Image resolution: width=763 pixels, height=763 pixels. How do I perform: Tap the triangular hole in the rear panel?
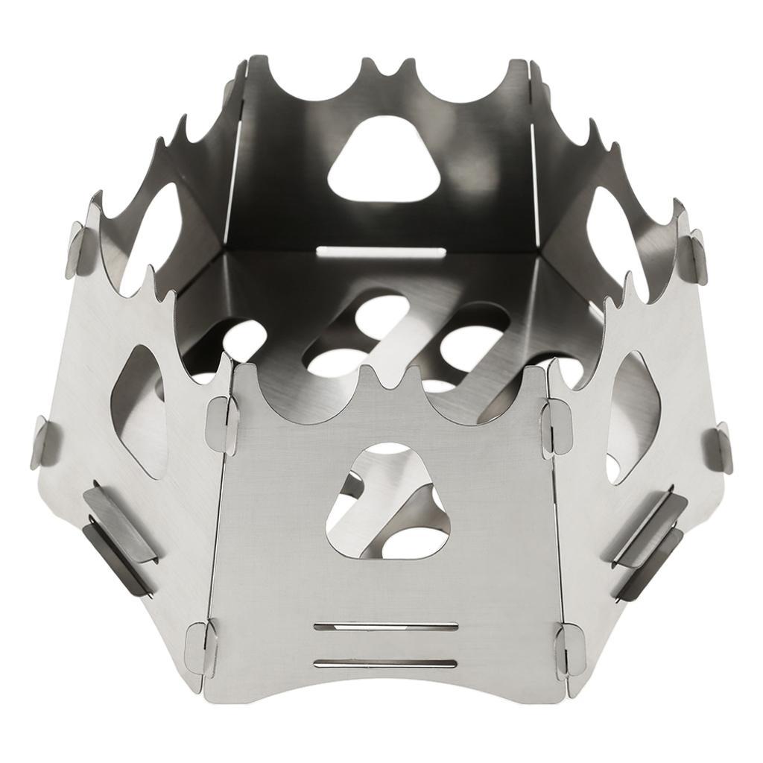(380, 158)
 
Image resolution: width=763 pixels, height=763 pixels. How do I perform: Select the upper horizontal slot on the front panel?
(386, 627)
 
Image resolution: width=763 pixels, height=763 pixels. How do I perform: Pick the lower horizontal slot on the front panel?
(386, 662)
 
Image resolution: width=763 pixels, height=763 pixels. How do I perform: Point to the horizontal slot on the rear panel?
(381, 252)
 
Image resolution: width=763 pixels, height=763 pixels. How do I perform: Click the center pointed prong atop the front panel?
(387, 373)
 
